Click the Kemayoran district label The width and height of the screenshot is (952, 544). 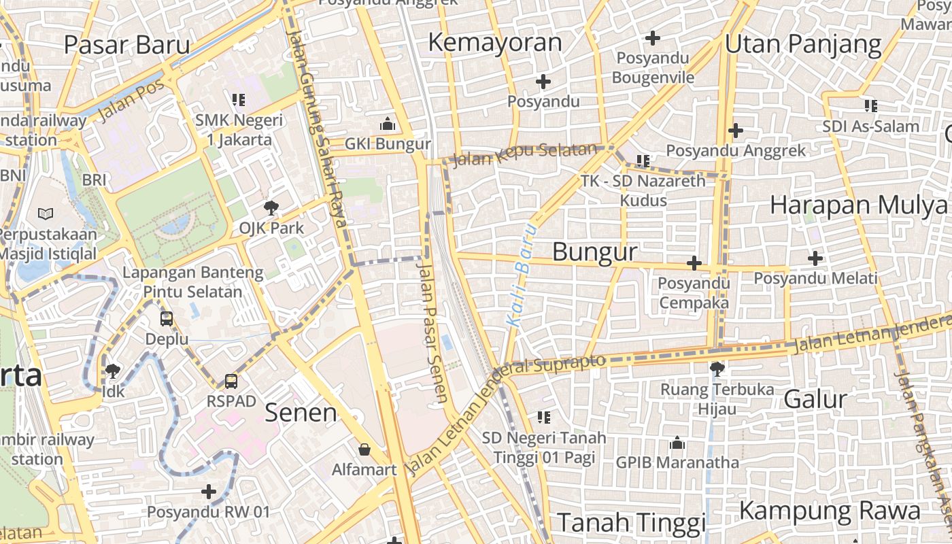point(495,42)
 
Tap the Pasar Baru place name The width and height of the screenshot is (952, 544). point(127,45)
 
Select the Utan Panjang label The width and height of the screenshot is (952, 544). point(803,45)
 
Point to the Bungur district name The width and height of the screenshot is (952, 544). point(595,252)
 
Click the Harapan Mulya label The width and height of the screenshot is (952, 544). point(858,205)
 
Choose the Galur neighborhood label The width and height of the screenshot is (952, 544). point(815,399)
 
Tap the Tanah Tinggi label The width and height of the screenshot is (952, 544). point(632,523)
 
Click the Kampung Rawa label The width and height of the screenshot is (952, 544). point(830,511)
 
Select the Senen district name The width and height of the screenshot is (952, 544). point(301,412)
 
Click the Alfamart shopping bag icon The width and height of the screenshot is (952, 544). point(364,449)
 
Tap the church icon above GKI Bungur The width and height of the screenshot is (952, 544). point(388,124)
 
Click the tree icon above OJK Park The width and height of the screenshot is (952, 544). point(271,208)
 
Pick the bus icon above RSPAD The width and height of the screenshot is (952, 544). point(231,381)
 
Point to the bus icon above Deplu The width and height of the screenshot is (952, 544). point(167,318)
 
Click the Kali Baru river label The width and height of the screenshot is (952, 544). point(522,275)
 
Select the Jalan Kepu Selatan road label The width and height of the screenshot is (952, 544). point(524,154)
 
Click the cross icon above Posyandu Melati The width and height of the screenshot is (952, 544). point(815,258)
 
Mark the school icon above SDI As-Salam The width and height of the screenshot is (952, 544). point(870,105)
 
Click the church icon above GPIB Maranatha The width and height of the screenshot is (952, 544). point(677,443)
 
